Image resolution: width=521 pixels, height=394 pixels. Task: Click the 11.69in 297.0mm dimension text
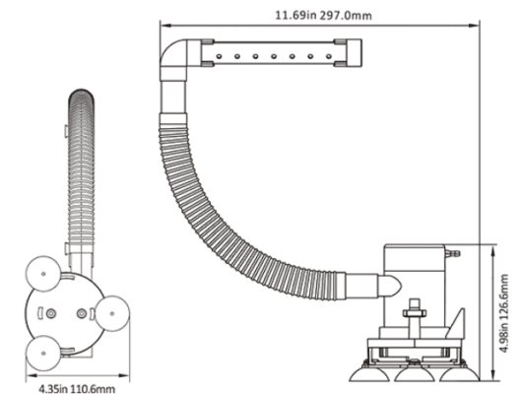click(323, 16)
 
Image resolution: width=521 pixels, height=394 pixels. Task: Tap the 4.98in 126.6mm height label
click(504, 313)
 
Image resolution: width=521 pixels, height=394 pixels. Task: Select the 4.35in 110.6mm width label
click(77, 388)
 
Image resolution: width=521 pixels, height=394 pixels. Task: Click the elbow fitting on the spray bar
click(174, 59)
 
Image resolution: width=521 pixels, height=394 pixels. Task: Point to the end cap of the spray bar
click(355, 53)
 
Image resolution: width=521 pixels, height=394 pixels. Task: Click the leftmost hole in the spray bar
click(219, 56)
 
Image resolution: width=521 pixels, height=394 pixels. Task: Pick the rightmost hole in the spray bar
click(329, 56)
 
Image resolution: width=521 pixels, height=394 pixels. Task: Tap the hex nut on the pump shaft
click(415, 312)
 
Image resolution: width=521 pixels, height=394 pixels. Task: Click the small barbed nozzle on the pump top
click(452, 254)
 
